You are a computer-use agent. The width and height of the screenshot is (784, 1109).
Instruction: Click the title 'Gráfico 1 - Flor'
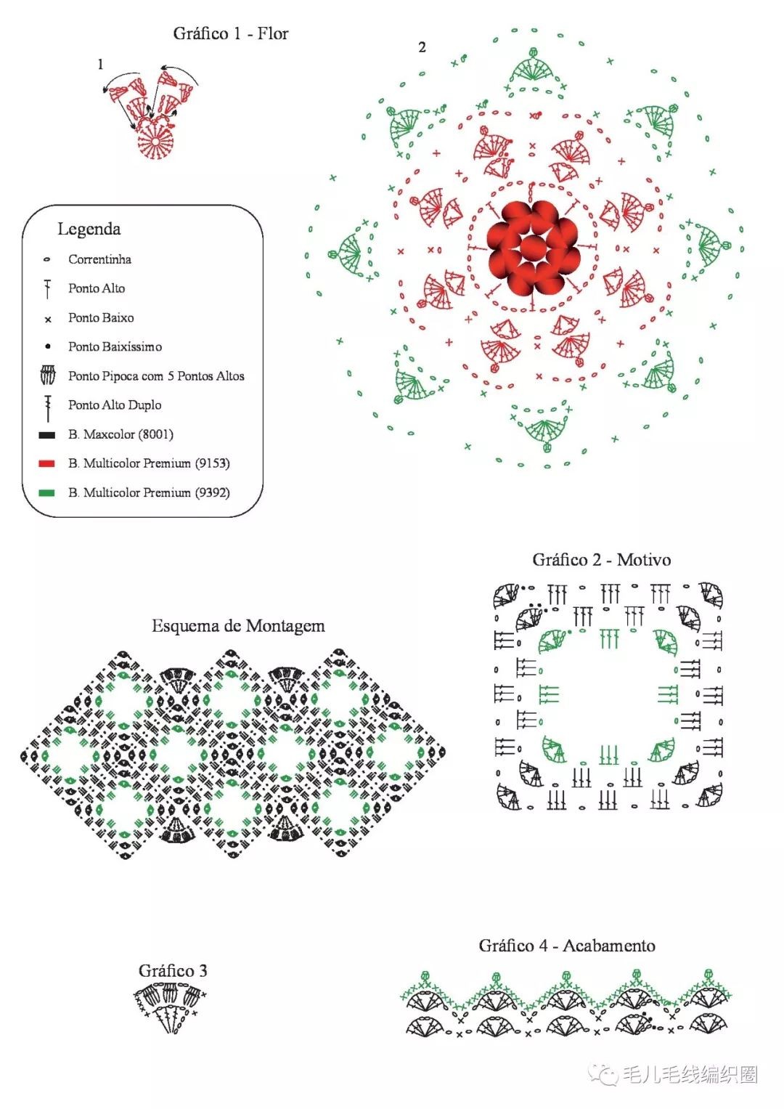[230, 33]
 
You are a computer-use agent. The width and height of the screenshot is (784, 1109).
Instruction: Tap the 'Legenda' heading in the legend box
[89, 229]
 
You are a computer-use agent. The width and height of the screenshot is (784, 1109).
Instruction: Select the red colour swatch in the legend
[47, 463]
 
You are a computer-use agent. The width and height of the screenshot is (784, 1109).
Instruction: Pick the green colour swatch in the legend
[47, 492]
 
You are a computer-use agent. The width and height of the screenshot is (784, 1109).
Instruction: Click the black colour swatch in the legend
[47, 434]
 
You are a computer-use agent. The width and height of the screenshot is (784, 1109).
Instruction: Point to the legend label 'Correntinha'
[99, 259]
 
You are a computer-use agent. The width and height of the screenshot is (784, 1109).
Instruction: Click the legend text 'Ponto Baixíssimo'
[115, 346]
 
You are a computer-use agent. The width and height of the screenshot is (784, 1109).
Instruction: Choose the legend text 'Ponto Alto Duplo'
[115, 405]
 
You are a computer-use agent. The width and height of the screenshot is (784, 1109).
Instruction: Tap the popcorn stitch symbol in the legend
[47, 375]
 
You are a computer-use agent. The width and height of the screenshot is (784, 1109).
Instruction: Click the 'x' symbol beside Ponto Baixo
[48, 319]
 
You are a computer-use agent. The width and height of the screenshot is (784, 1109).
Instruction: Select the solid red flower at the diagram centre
[532, 248]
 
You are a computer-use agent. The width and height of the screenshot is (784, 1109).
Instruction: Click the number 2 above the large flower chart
[422, 47]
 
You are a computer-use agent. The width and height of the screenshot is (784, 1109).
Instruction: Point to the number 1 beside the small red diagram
[100, 64]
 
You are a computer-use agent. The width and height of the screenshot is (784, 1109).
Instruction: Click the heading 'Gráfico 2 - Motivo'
[601, 560]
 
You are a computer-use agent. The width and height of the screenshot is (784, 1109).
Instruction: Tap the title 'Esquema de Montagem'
[238, 626]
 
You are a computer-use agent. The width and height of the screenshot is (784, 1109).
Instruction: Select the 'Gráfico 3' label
[173, 970]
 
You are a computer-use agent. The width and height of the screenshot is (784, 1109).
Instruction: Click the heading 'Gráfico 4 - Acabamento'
[566, 946]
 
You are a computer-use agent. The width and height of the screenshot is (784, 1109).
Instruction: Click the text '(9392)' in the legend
[212, 492]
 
